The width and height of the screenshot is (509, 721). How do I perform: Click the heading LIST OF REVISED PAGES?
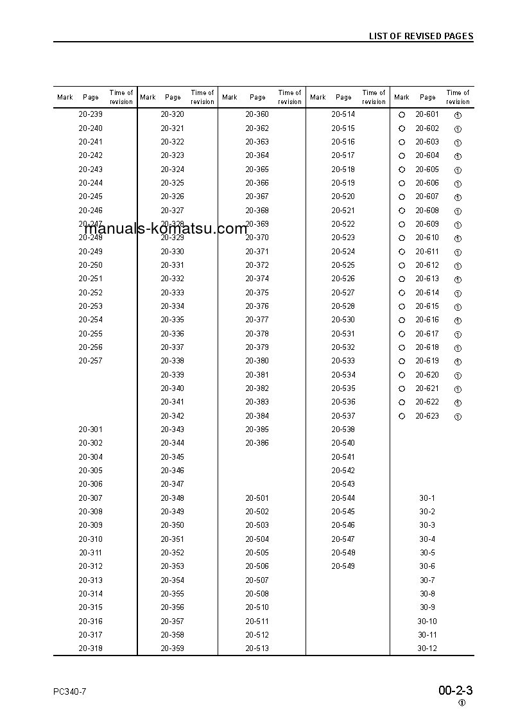click(x=420, y=36)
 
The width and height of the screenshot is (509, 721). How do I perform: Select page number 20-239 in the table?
click(x=91, y=114)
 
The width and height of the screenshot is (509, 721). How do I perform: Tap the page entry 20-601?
click(x=427, y=114)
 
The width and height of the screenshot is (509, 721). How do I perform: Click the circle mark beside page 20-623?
click(x=402, y=416)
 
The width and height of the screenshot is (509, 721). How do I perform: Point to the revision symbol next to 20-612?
click(x=458, y=266)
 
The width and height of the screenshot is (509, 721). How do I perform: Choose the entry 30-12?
click(x=427, y=648)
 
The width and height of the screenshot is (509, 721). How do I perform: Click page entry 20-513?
click(x=257, y=648)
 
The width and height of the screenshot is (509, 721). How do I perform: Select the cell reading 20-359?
click(x=172, y=648)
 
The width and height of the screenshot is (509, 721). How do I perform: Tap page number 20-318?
click(x=91, y=648)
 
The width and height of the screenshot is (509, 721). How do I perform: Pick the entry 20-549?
click(x=343, y=566)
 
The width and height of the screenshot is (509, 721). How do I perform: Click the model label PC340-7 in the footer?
click(x=70, y=691)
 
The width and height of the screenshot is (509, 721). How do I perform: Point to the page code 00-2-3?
click(x=456, y=691)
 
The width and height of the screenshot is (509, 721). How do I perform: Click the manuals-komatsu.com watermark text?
click(x=166, y=229)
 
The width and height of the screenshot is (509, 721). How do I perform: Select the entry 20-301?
click(x=91, y=430)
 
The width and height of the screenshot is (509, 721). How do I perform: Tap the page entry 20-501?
click(x=257, y=498)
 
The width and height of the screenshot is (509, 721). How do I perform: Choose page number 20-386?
click(x=257, y=443)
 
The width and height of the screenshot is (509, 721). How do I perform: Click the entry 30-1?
click(x=427, y=498)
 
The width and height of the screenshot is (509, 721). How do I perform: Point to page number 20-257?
click(x=91, y=361)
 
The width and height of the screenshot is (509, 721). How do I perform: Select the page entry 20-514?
click(x=343, y=114)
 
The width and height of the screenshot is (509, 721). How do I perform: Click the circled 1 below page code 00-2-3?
click(x=462, y=703)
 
